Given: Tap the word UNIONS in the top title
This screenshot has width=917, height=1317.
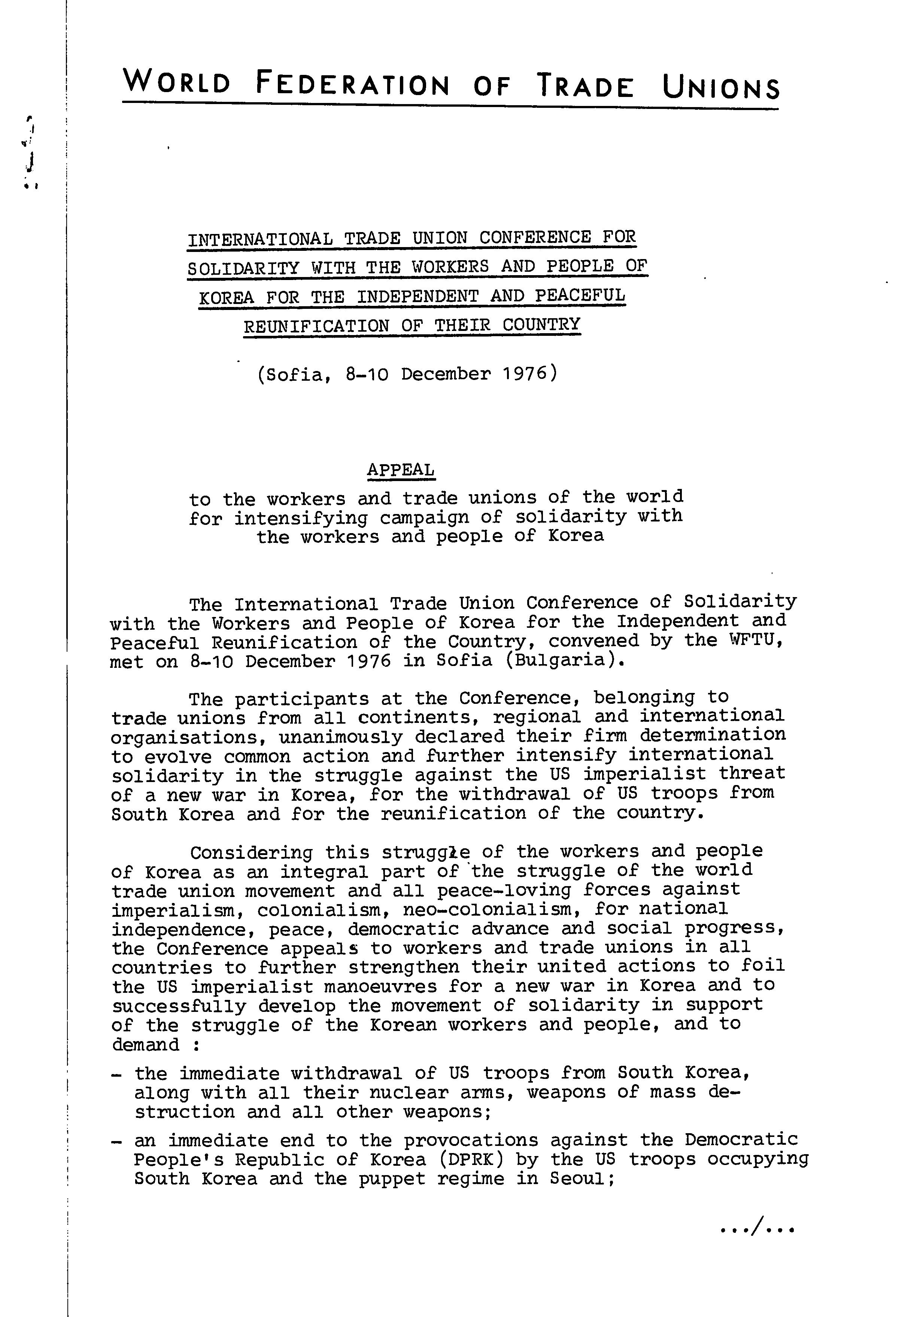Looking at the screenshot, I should point(721,88).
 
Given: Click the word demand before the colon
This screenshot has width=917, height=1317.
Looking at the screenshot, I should point(145,1044).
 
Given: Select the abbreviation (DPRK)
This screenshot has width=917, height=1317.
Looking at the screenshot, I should point(471,1159).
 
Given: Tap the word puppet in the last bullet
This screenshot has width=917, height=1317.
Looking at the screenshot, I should point(392,1179).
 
